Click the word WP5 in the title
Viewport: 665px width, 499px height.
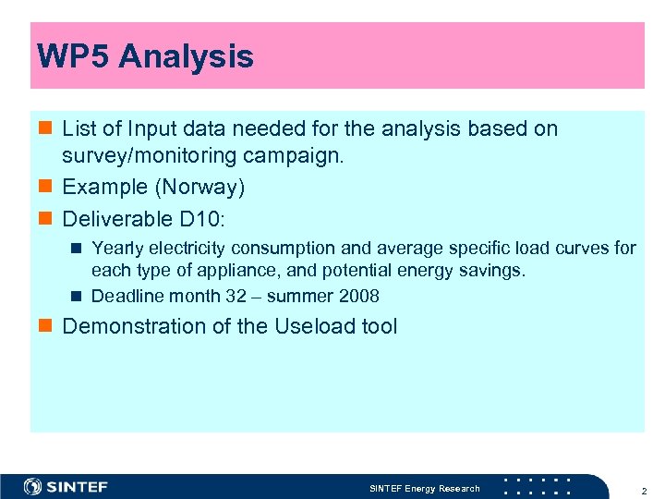pos(73,57)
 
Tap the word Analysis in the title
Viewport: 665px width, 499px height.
pos(186,57)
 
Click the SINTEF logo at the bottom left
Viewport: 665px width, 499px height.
pos(66,487)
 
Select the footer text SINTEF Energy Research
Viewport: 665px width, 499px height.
pos(425,488)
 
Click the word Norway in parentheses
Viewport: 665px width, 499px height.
pos(200,188)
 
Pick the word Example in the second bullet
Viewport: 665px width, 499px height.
pos(105,188)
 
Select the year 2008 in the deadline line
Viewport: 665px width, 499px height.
pos(358,297)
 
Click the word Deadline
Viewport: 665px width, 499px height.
pos(125,297)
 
